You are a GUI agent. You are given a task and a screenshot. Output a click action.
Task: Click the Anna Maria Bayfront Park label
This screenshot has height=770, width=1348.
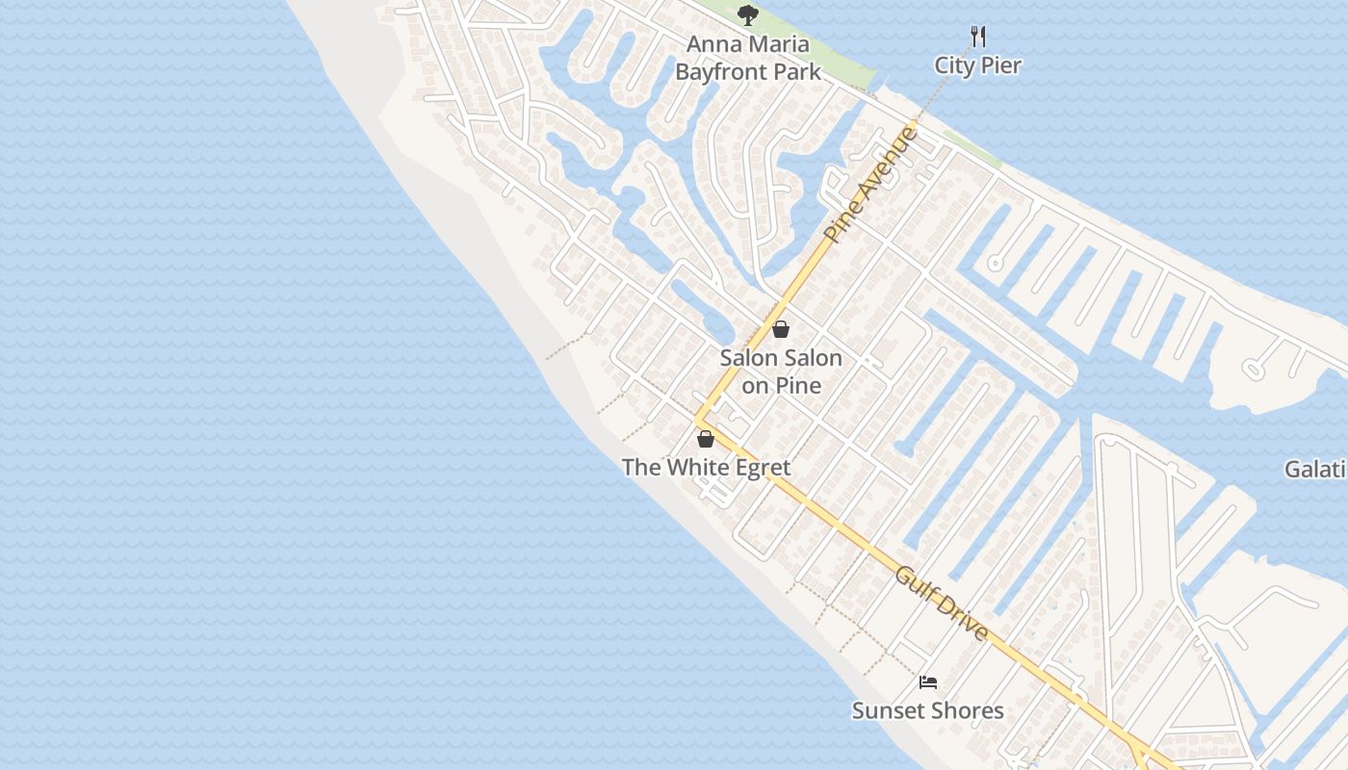(x=748, y=58)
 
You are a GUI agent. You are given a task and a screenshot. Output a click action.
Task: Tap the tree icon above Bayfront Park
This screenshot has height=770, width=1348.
(x=748, y=15)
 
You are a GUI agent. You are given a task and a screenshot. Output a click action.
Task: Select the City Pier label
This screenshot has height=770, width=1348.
(x=977, y=65)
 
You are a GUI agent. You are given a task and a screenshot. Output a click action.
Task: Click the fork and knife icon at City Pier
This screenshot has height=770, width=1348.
(x=978, y=37)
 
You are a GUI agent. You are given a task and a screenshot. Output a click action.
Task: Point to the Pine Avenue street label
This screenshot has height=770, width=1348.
(x=871, y=185)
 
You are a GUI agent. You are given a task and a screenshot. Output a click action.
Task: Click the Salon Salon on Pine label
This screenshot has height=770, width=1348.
(x=781, y=372)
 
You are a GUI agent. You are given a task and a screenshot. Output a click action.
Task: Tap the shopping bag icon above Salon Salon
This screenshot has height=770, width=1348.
(x=781, y=329)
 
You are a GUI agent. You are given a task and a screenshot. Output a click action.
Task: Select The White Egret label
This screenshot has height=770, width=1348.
(x=706, y=468)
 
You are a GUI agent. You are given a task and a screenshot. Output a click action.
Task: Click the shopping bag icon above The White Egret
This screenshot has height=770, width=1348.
(x=706, y=439)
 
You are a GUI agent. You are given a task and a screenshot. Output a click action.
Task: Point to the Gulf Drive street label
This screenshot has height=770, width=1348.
(x=942, y=604)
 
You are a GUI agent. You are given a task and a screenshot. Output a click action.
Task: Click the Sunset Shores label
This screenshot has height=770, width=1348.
(x=927, y=711)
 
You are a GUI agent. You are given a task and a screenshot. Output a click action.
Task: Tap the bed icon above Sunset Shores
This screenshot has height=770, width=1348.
(x=928, y=682)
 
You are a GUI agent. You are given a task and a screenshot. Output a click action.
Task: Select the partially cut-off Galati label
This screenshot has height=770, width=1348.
(x=1315, y=470)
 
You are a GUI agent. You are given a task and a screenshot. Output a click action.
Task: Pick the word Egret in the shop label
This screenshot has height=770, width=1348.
(x=759, y=468)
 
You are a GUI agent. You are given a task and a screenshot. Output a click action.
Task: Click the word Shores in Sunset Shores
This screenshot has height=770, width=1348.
(x=967, y=711)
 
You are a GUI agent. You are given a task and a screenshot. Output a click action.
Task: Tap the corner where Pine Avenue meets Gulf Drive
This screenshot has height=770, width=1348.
(x=697, y=420)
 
